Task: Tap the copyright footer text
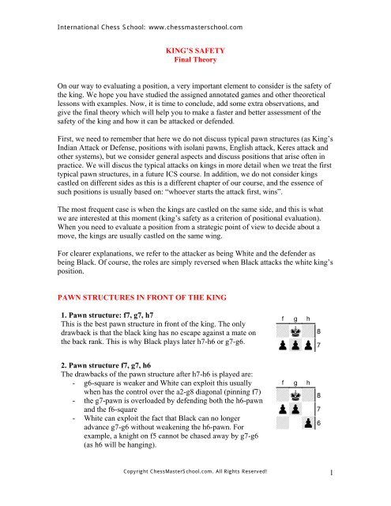click(x=194, y=495)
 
